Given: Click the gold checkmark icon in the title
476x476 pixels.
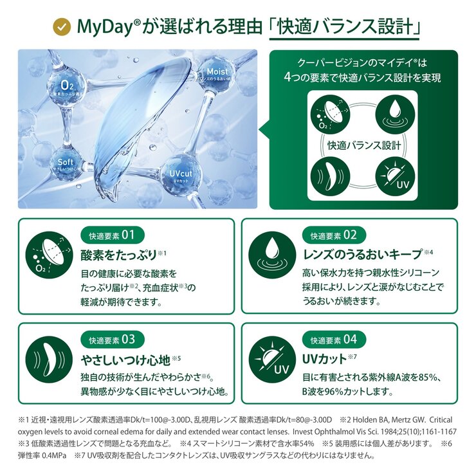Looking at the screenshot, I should (62, 27).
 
